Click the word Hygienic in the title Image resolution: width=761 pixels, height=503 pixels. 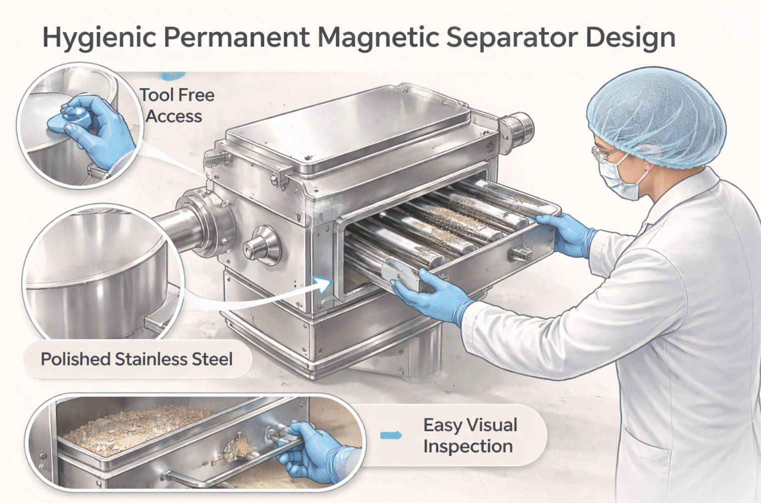[x=99, y=37]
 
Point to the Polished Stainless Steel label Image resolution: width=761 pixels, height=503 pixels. [x=136, y=359]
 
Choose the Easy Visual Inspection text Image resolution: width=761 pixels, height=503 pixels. [x=469, y=435]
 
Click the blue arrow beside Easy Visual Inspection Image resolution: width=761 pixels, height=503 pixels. [x=390, y=435]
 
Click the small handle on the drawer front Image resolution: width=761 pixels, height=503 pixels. [x=520, y=254]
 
